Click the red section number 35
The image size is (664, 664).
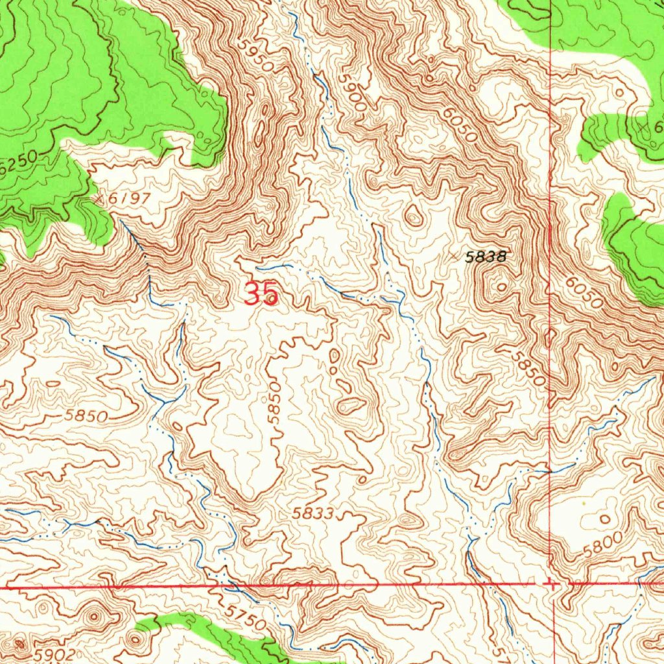(262, 294)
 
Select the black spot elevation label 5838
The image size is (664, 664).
(485, 257)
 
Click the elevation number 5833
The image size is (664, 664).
(313, 514)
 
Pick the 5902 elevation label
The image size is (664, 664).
(55, 655)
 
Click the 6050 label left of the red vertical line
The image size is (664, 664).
(461, 125)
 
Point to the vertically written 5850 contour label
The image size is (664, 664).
(276, 403)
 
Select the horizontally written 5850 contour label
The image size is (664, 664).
(86, 416)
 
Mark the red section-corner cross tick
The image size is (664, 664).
(550, 584)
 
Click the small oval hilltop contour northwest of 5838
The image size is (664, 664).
(414, 217)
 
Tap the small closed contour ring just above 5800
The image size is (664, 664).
(605, 519)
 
